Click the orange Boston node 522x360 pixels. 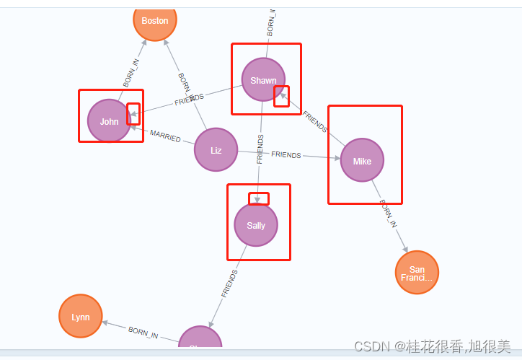coord(155,21)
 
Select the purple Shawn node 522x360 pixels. coord(263,79)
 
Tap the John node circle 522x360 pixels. coord(109,121)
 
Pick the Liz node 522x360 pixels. coord(216,150)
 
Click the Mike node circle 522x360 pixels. coord(362,160)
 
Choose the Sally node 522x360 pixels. coord(256,225)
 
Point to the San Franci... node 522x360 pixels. coord(417,273)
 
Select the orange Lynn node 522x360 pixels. coord(81,317)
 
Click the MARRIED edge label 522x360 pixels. coord(165,135)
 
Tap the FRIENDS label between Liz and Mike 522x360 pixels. coord(286,155)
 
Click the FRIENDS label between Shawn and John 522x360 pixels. coord(189,100)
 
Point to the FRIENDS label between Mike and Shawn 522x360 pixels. coord(315,122)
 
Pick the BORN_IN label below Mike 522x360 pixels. coord(388,214)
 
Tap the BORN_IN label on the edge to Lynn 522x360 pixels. coord(143,332)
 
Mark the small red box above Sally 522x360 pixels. coord(259,198)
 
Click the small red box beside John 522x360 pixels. coord(133,113)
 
